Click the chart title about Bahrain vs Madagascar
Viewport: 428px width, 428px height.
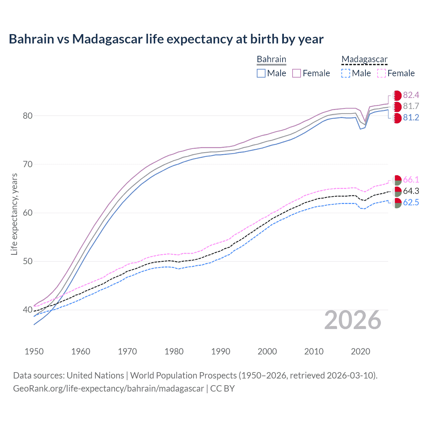pos(166,39)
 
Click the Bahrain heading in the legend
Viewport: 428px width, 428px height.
pos(271,59)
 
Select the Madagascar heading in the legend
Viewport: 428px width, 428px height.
pos(364,59)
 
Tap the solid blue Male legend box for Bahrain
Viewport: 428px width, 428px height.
pos(261,73)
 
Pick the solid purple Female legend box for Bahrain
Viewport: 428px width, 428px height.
pos(297,73)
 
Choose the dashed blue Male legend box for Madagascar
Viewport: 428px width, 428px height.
pos(346,73)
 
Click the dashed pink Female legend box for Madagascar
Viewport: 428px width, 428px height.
pos(382,73)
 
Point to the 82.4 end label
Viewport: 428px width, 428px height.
pos(411,95)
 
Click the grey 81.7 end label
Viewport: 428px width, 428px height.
pos(411,106)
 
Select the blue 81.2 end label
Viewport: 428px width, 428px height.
pos(411,118)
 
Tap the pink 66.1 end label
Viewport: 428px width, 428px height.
pos(411,180)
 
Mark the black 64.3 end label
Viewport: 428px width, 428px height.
pos(411,191)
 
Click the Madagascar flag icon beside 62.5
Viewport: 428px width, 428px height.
pos(397,203)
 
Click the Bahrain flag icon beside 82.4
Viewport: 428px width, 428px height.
pos(397,95)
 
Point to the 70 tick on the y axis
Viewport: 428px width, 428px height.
pos(28,164)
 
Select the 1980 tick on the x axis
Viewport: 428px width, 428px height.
pos(174,351)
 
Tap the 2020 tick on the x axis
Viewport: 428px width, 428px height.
pos(360,351)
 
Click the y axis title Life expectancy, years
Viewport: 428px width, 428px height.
pos(14,214)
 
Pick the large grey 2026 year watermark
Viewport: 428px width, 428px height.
pos(352,320)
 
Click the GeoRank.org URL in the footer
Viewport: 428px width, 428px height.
pos(108,389)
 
